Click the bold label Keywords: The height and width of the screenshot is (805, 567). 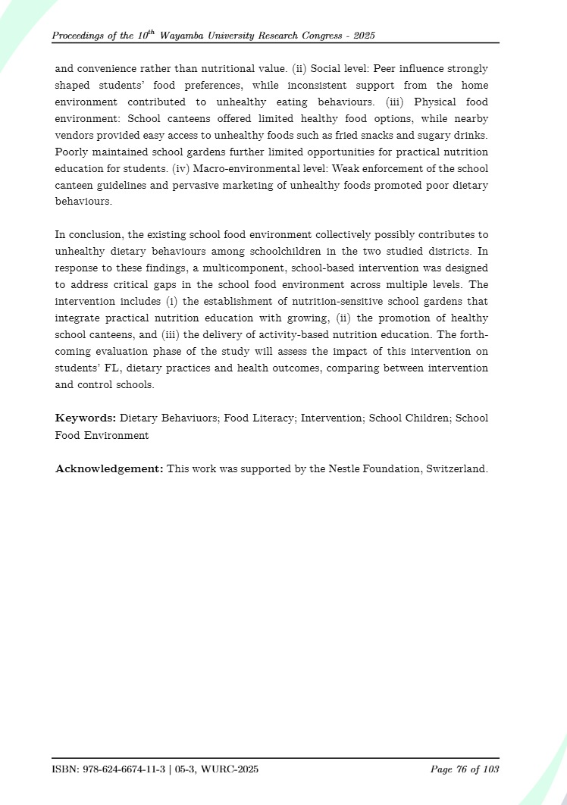(86, 418)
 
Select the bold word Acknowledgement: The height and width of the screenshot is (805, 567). (109, 468)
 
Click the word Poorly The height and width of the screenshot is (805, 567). (73, 152)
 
